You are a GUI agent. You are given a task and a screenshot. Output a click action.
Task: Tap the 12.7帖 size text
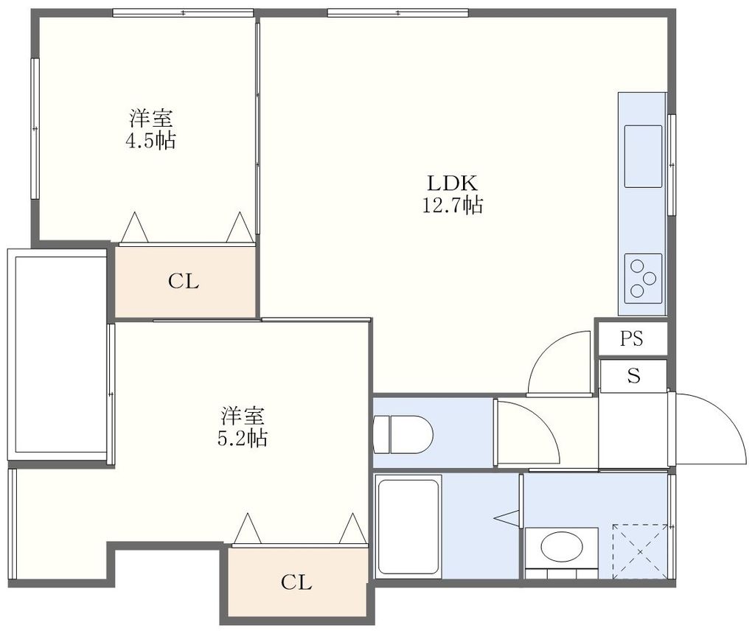point(452,206)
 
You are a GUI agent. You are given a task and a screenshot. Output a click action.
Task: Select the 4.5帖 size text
point(150,141)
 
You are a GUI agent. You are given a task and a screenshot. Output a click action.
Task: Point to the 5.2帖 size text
point(242,439)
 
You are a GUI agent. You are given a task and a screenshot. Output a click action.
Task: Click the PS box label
point(631,338)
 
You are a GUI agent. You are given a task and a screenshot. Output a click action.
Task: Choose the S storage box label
point(633,376)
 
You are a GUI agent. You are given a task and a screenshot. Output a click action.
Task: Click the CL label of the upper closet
point(184,281)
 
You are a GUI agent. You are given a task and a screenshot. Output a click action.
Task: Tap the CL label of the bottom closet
point(296,582)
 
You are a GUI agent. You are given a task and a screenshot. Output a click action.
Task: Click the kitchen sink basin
point(643,156)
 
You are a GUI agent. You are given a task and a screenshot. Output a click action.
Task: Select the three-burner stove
point(643,278)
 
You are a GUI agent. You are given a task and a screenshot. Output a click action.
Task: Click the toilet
point(403,433)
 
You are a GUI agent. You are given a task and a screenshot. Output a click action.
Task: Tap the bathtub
point(408,526)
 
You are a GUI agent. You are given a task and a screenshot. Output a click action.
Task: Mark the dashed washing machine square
point(639,551)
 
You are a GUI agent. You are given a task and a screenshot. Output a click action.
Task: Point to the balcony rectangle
point(57,354)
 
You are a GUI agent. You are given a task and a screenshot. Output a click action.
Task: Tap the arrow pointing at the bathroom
point(507,518)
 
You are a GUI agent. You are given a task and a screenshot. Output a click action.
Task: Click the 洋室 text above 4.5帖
point(150,118)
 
